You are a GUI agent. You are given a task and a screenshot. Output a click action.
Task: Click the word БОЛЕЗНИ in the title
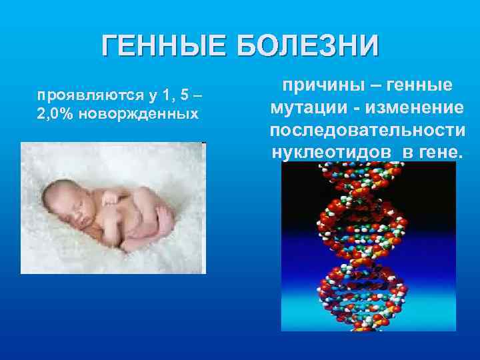[307, 47]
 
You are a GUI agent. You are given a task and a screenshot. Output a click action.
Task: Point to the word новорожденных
[139, 113]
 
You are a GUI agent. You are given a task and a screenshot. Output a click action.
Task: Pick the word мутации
[305, 107]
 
